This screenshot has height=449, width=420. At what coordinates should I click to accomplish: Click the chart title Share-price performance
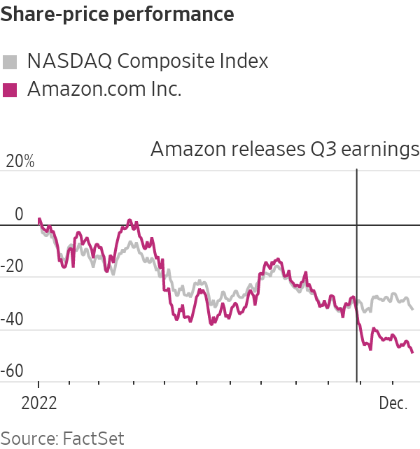point(118,13)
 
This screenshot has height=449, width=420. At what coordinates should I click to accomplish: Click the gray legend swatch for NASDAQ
point(10,62)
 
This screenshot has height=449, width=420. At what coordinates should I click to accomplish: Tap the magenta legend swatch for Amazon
point(10,90)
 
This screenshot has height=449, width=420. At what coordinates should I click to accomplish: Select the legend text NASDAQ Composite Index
point(147,62)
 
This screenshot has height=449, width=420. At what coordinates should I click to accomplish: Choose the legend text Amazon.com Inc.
point(104,90)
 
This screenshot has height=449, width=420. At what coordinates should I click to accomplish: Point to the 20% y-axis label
point(20,162)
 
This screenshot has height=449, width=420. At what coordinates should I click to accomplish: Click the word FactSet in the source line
point(93,438)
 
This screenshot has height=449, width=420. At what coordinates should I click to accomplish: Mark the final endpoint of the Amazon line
point(412,352)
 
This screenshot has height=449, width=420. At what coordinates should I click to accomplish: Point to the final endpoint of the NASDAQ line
point(412,308)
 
